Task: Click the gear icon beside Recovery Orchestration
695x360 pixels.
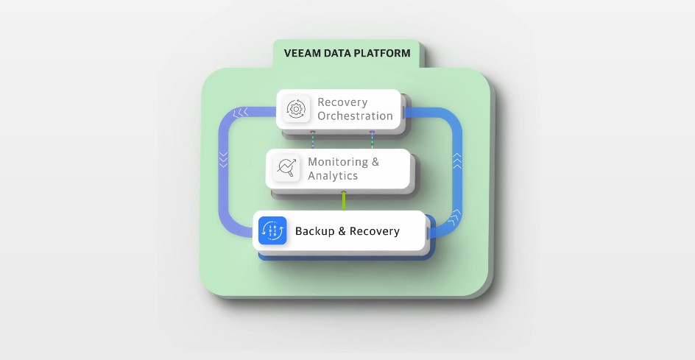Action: tap(297, 109)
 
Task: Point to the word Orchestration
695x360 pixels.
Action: tap(355, 116)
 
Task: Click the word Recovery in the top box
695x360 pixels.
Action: tap(342, 102)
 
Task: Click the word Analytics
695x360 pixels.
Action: tap(333, 176)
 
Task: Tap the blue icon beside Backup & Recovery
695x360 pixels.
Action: tap(272, 230)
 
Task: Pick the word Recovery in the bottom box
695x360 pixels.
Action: tap(374, 231)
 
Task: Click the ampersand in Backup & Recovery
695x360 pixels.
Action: tap(341, 231)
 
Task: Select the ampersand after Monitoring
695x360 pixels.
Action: tap(375, 162)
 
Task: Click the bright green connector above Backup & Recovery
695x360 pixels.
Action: tap(343, 201)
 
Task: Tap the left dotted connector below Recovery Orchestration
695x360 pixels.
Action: tap(312, 141)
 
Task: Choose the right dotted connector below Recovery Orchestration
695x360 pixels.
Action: tap(372, 141)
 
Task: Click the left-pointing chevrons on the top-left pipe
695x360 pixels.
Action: tap(240, 113)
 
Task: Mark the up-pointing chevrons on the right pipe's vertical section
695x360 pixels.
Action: tap(456, 159)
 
